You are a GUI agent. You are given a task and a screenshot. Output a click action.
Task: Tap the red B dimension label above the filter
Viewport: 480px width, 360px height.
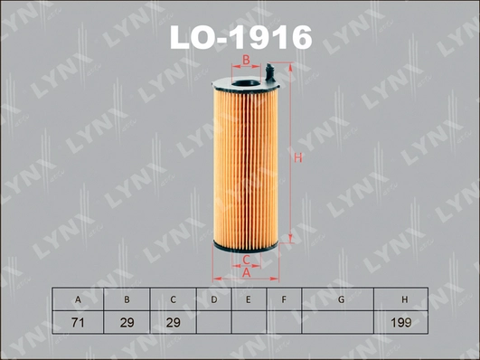pyautogui.click(x=243, y=61)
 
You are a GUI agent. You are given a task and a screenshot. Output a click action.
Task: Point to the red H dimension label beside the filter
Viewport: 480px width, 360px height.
pyautogui.click(x=296, y=158)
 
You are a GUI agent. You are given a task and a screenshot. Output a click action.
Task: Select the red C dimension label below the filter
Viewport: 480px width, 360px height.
pyautogui.click(x=246, y=260)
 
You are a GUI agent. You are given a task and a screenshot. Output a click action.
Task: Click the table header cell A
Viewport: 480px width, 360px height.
pyautogui.click(x=78, y=298)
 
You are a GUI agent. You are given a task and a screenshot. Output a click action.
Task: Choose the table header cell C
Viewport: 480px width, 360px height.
pyautogui.click(x=172, y=298)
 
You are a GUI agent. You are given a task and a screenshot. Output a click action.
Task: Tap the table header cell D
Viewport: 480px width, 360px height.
pyautogui.click(x=213, y=298)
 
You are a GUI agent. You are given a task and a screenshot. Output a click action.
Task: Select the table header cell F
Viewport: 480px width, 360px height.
pyautogui.click(x=284, y=298)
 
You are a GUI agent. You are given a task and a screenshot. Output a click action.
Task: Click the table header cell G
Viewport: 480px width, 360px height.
pyautogui.click(x=340, y=298)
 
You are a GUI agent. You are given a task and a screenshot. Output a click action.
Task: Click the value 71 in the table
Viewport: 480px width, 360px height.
pyautogui.click(x=78, y=322)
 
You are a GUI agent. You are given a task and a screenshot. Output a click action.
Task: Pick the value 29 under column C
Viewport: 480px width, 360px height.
pyautogui.click(x=172, y=322)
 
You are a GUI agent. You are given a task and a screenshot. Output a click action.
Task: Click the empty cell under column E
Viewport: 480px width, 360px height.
pyautogui.click(x=249, y=322)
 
